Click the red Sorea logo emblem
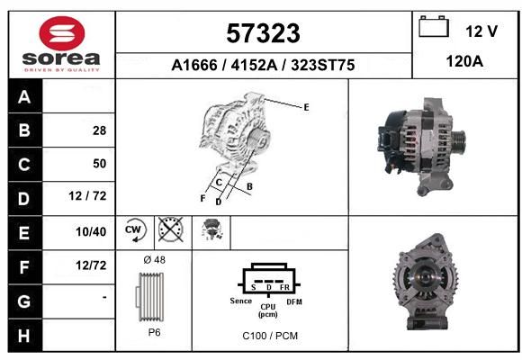tap(62, 33)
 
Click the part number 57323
tap(263, 33)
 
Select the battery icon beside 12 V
tap(434, 26)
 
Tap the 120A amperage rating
tap(464, 61)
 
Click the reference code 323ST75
tap(323, 65)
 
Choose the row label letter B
tap(24, 130)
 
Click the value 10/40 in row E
tap(91, 232)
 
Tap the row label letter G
tap(24, 301)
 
